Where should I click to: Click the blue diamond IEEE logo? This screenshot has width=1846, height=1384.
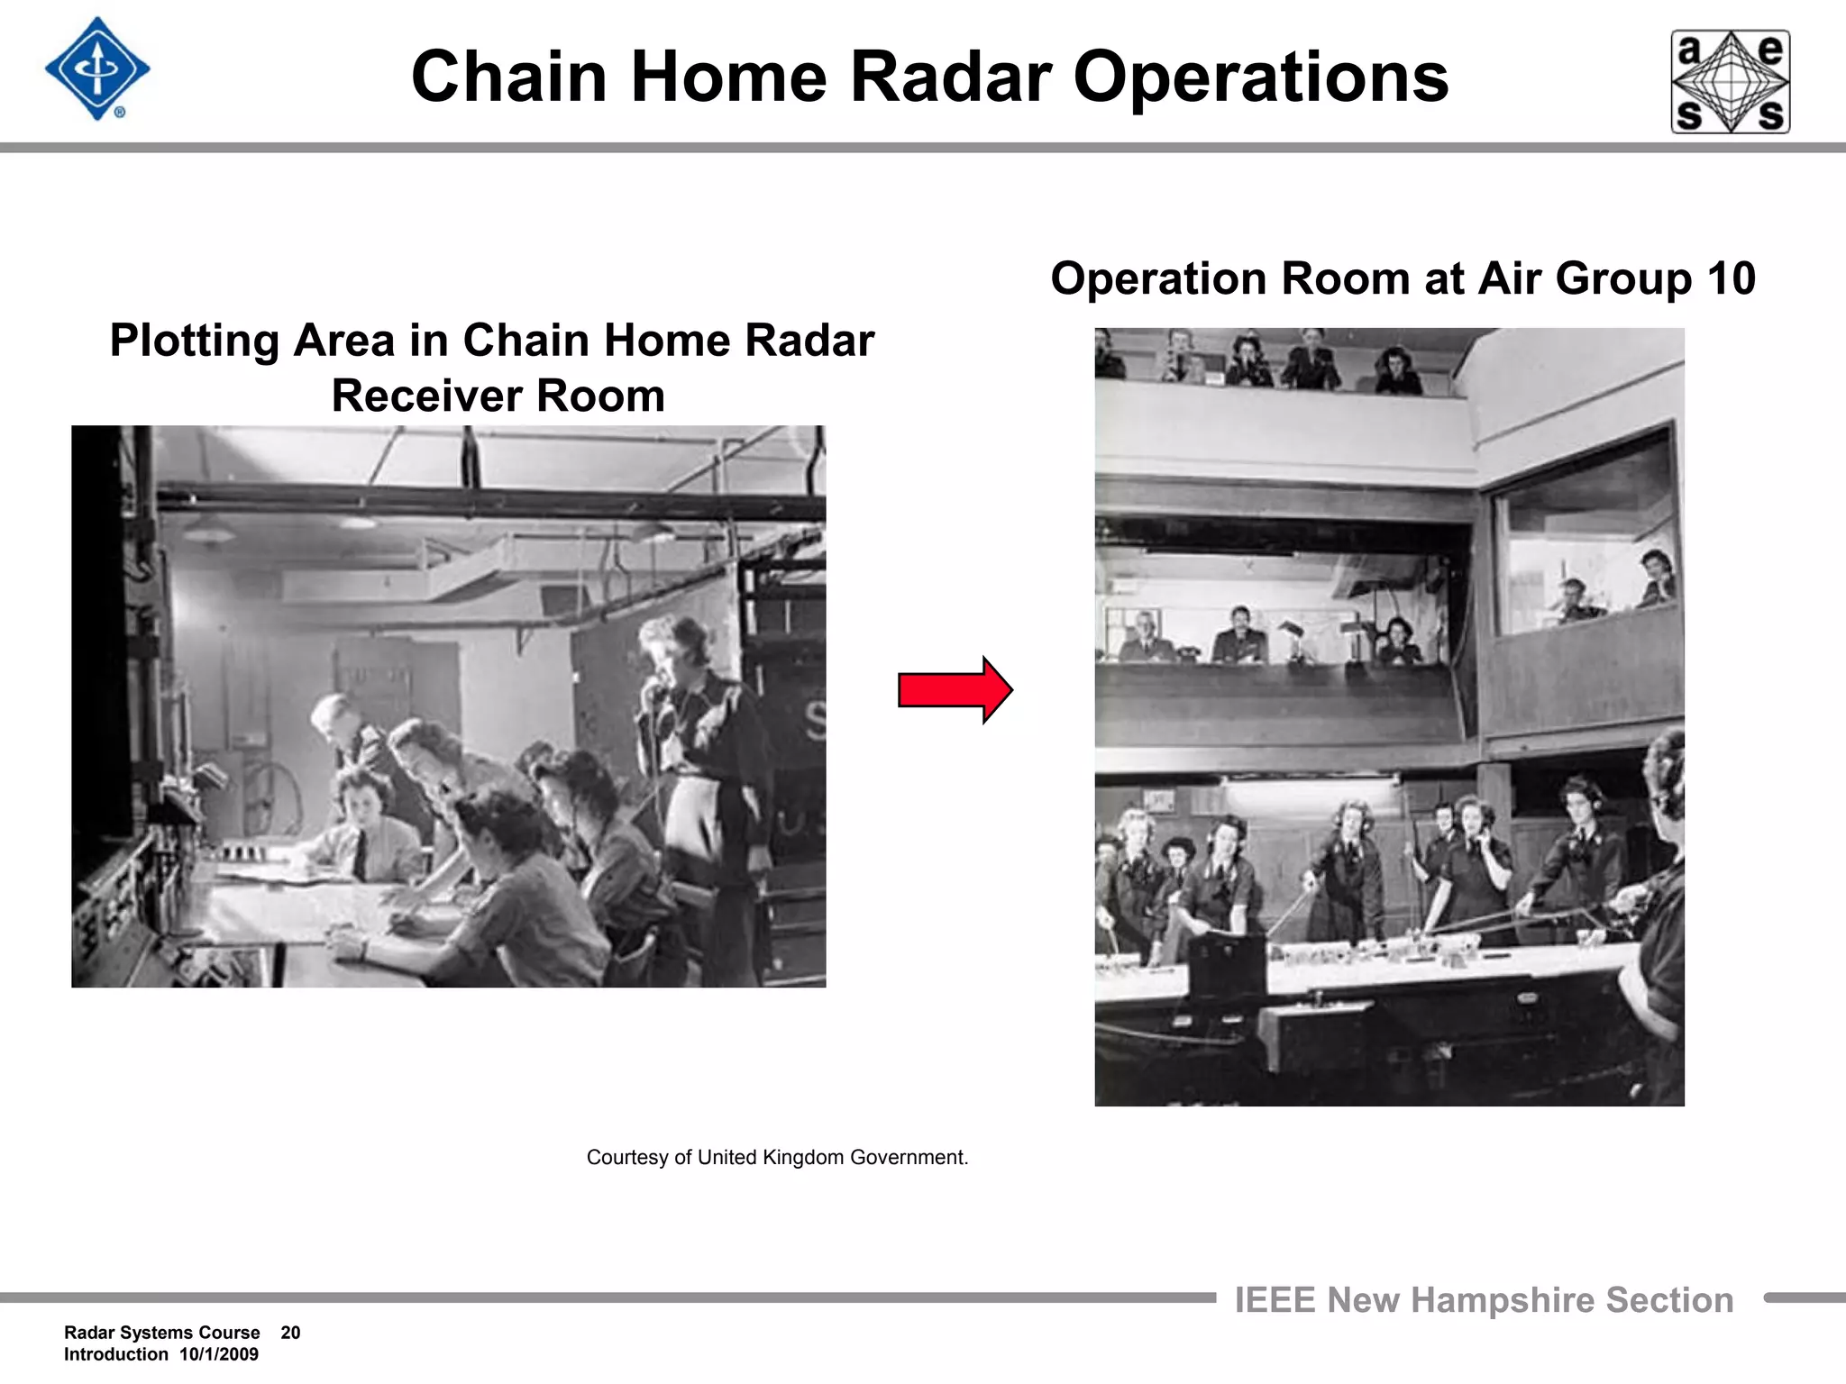[97, 69]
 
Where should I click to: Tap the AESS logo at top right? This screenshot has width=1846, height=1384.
[1731, 82]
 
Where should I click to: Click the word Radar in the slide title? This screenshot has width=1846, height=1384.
[951, 77]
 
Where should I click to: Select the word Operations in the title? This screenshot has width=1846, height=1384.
[1260, 77]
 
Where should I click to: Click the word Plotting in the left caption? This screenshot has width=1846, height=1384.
[194, 341]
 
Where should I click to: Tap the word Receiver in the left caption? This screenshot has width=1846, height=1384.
[424, 396]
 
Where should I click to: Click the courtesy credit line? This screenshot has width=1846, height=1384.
[777, 1158]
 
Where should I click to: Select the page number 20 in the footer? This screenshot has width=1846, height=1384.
[290, 1333]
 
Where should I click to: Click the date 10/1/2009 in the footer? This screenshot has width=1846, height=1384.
[219, 1354]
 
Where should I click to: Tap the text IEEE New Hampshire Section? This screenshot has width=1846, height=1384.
[1484, 1300]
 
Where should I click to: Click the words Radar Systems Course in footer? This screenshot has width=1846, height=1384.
[162, 1333]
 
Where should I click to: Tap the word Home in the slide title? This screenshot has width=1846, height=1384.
[728, 77]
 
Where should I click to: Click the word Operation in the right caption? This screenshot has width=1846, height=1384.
[1157, 278]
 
